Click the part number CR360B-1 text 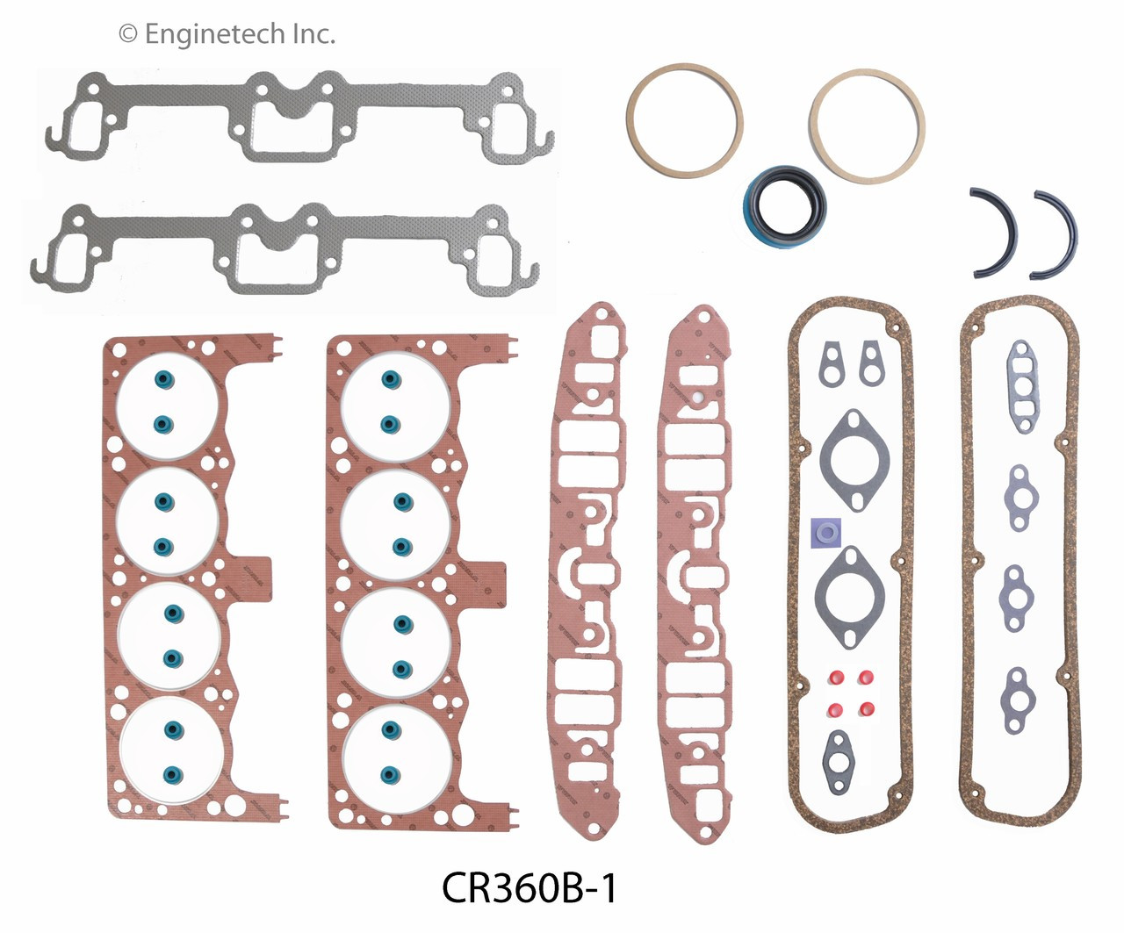[530, 887]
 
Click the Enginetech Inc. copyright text [227, 34]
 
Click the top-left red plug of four [835, 678]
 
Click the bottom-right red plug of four [866, 708]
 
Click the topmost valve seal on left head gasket [164, 379]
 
